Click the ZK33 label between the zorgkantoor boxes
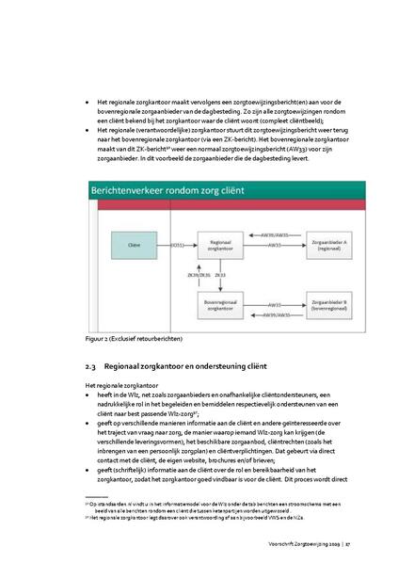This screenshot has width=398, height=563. (x=220, y=274)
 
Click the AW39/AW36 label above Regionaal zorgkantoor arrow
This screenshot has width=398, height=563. (x=273, y=234)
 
